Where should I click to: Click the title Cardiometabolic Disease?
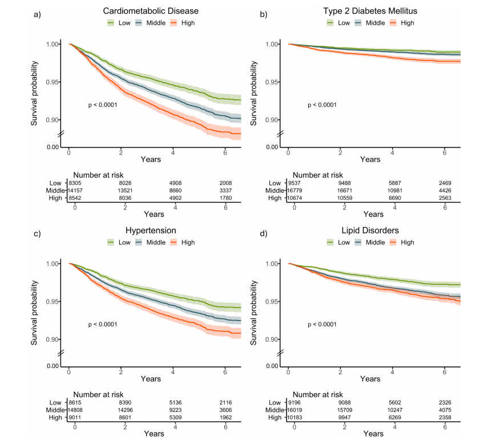[150, 11]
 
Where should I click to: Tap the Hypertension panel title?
[150, 231]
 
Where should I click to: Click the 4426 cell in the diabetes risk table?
[446, 190]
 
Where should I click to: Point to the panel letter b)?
[264, 14]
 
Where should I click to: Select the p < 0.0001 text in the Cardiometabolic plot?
[103, 105]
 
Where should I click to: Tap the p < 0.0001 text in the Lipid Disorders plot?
[322, 325]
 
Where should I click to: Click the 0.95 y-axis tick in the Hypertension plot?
[53, 301]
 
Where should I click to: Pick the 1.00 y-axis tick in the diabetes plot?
[273, 44]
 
